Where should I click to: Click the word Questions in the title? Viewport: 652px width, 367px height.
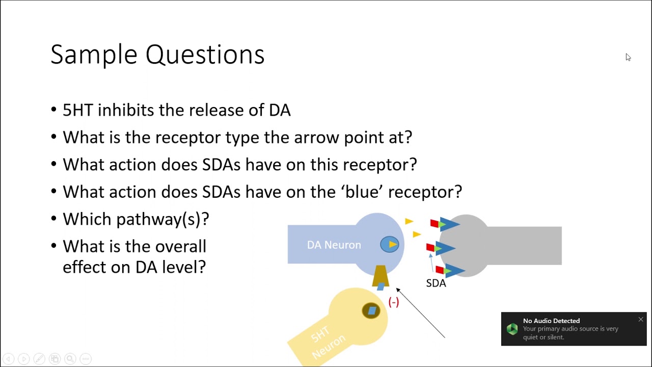[205, 55]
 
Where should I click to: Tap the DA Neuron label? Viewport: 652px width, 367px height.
[334, 245]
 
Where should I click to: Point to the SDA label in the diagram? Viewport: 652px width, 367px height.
[436, 283]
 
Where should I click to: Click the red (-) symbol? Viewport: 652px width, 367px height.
[394, 302]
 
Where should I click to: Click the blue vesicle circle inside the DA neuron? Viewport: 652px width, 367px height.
[390, 244]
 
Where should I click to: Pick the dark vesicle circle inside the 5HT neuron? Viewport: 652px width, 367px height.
[371, 310]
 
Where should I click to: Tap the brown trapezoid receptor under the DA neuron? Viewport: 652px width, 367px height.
[381, 276]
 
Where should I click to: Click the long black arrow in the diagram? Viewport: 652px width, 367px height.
[420, 313]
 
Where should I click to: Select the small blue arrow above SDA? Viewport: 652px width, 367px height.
[431, 263]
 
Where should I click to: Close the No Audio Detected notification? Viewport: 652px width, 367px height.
[641, 320]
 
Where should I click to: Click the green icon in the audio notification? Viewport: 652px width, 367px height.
[512, 329]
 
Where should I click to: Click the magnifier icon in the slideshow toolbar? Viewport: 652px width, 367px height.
[70, 358]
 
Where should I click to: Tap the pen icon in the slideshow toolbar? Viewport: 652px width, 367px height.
[39, 358]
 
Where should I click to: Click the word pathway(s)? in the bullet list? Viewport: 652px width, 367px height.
[162, 219]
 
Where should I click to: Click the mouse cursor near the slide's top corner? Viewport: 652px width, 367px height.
[628, 57]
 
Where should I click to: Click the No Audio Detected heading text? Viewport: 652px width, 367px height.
[551, 321]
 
